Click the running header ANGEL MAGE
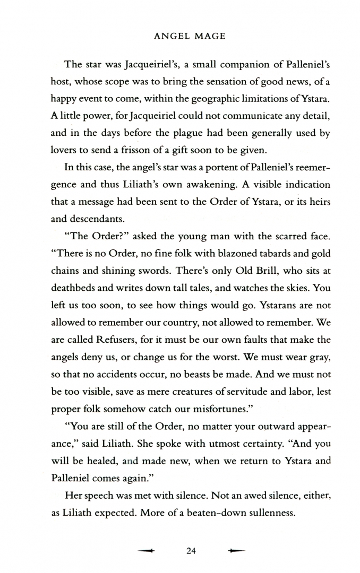coord(188,37)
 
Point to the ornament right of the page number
coord(236,536)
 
